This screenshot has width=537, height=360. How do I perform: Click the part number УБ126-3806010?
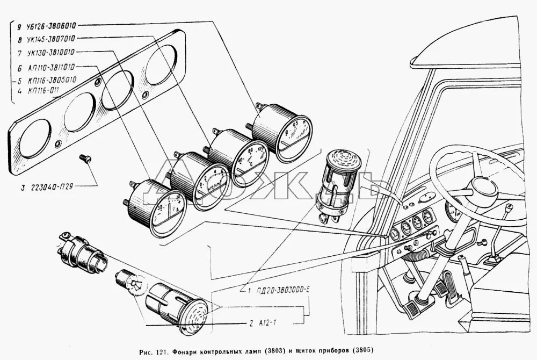(x=53, y=25)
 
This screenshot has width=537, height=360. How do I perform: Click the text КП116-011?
(x=45, y=90)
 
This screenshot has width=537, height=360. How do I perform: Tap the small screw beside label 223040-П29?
(x=84, y=158)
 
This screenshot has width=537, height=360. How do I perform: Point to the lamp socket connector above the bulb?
(x=81, y=253)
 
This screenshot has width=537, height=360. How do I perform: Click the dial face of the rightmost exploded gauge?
(x=293, y=138)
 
